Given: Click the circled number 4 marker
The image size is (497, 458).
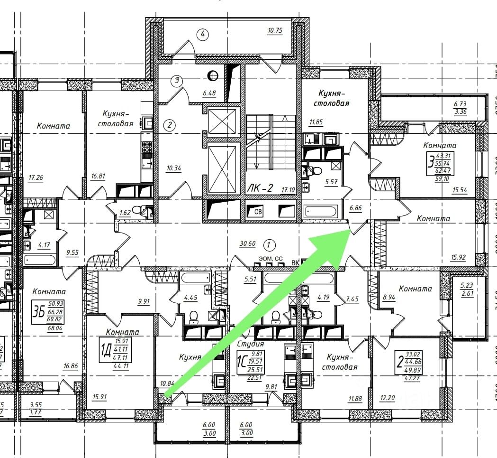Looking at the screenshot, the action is [x=203, y=34].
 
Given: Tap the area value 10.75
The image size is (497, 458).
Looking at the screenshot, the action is [x=275, y=31].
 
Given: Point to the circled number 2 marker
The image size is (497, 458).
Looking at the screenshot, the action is [x=169, y=125].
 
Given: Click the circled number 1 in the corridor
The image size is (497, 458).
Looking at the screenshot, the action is [x=269, y=245].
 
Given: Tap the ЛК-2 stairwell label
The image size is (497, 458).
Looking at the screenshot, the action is [x=260, y=188].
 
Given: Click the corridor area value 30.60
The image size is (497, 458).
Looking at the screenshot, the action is [x=247, y=244].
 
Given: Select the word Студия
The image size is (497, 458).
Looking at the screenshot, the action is [x=251, y=344].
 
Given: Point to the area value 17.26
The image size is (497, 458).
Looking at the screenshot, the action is [x=36, y=178].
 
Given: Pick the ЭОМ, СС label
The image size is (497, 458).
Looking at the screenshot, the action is [x=270, y=258].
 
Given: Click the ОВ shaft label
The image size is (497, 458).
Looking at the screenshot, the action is [x=258, y=212].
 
